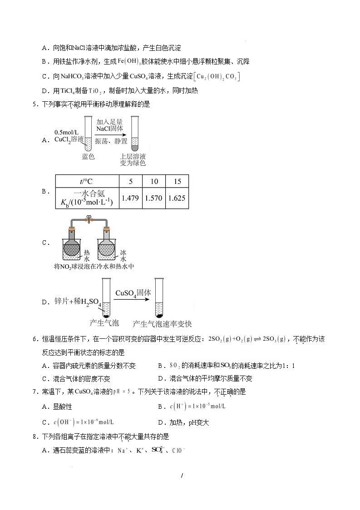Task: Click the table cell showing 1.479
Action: point(131,198)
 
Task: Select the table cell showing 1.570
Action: point(154,198)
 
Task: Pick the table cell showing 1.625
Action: point(177,198)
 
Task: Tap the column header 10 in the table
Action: point(154,181)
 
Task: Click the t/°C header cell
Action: point(87,181)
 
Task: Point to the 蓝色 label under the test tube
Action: point(88,157)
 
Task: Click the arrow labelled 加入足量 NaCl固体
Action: point(109,132)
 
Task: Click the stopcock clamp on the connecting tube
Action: point(89,221)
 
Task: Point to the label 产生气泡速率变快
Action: point(162,324)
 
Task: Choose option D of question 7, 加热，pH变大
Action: point(183,423)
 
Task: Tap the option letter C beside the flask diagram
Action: point(45,243)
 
